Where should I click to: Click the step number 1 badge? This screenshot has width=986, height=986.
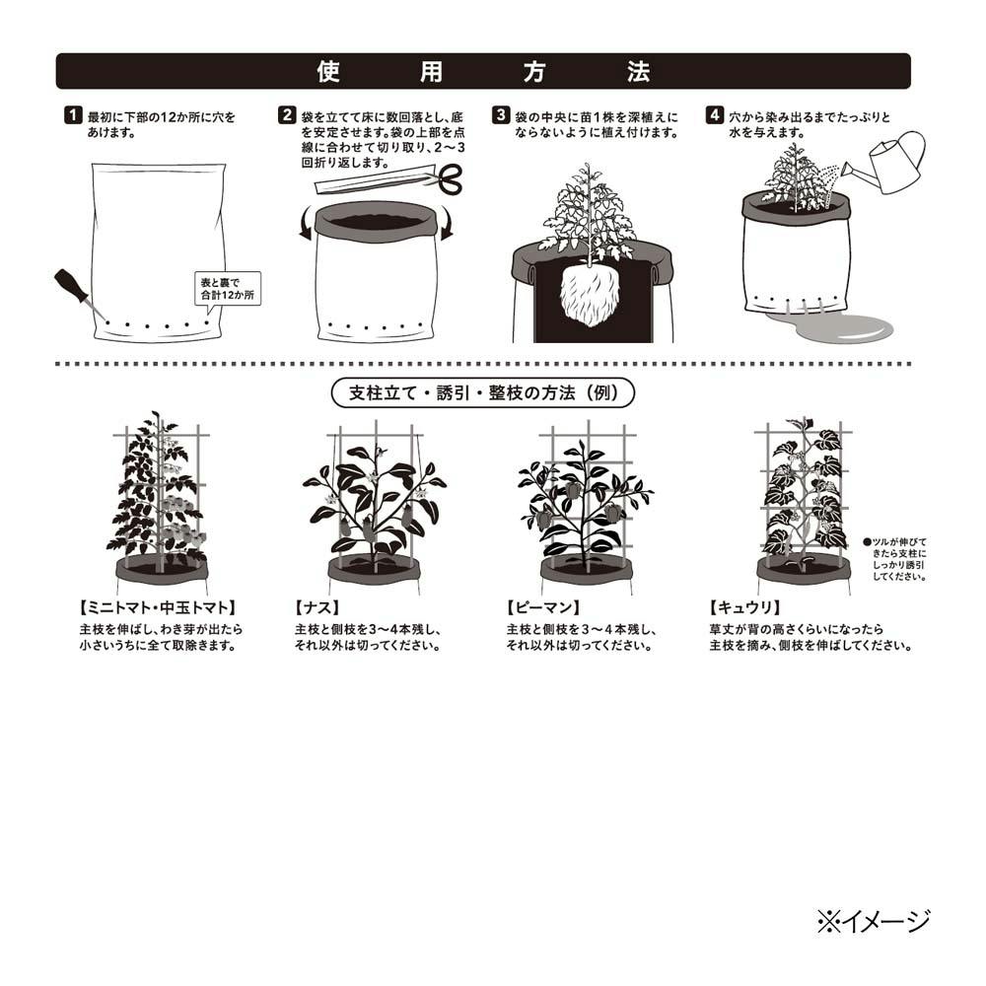(x=73, y=115)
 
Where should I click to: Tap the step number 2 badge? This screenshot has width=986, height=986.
(x=287, y=115)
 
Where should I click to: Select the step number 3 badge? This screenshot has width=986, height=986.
(x=501, y=115)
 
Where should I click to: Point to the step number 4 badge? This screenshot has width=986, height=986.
(x=714, y=115)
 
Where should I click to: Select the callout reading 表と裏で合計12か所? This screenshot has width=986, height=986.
(x=227, y=290)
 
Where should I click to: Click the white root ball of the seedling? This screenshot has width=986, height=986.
(x=589, y=295)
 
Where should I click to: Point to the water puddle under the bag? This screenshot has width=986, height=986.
(x=830, y=327)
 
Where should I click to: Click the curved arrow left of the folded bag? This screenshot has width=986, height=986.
(x=305, y=225)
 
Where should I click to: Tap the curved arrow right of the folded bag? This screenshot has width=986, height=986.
(x=447, y=225)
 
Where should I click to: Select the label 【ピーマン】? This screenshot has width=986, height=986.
(x=542, y=607)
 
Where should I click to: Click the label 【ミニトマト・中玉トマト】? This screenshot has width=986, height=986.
(x=157, y=607)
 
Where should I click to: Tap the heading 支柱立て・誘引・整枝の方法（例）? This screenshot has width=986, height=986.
(x=483, y=393)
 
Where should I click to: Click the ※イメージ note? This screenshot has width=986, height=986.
(x=873, y=922)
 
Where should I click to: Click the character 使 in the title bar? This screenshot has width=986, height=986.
(x=328, y=72)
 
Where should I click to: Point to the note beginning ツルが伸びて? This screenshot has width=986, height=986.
(x=895, y=559)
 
